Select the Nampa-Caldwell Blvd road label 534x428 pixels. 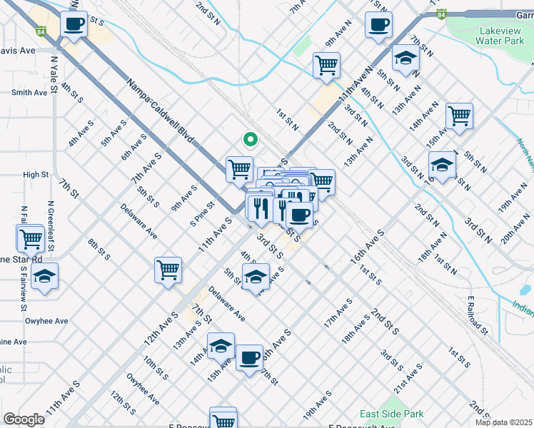tap(161, 113)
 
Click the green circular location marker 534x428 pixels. tap(249, 140)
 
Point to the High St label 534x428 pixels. tap(36, 174)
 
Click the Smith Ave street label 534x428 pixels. tap(29, 92)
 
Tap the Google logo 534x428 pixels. tap(24, 419)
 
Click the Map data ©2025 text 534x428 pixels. tap(503, 422)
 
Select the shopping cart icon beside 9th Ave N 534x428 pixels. tap(326, 66)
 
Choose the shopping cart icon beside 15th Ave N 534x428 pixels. tap(459, 116)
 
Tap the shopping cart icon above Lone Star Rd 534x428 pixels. tap(31, 239)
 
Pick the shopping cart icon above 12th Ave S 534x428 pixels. tap(168, 270)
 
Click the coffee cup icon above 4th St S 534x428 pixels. tap(74, 24)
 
